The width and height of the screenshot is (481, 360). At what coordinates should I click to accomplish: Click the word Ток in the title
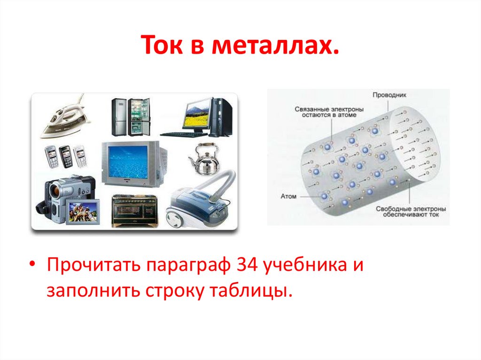coord(161,47)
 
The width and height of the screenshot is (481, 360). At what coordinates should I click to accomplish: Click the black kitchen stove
coord(134,210)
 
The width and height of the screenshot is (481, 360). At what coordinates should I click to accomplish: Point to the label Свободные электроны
coord(411,208)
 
